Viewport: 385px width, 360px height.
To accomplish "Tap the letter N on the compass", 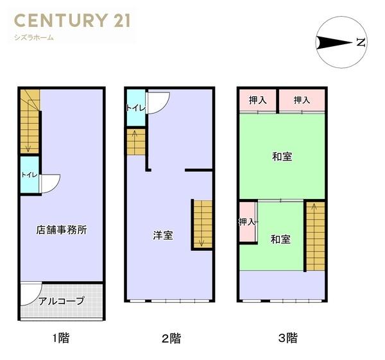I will (x=361, y=43).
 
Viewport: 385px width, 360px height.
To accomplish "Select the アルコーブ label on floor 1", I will (x=62, y=300).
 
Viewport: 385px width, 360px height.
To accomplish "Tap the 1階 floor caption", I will (x=61, y=338).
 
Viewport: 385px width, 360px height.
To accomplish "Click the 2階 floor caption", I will (x=171, y=338).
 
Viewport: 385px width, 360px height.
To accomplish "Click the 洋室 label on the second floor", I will (x=162, y=235).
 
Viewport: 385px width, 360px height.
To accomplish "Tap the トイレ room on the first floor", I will (x=29, y=175).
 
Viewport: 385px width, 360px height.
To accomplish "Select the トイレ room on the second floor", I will (x=135, y=107).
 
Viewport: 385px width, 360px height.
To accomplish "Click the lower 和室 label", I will (x=280, y=239).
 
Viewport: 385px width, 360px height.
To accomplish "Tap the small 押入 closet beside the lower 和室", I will (x=247, y=222).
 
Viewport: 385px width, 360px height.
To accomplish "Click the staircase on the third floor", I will (x=314, y=236).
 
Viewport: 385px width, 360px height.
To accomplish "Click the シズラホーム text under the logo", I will (x=34, y=37).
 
